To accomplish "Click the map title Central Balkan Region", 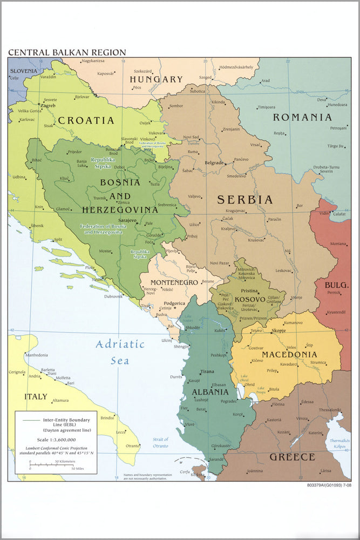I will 67,52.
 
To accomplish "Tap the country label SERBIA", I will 244,200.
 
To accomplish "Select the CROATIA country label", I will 86,120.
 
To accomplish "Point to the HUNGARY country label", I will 156,79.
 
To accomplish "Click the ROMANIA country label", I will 302,117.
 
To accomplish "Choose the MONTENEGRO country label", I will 174,282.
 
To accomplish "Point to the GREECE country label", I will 293,457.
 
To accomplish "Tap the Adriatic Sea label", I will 120,352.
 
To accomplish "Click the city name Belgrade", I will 214,163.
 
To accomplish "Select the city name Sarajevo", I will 127,220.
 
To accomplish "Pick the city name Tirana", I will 207,372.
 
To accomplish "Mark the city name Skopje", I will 279,330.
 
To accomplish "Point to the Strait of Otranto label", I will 159,442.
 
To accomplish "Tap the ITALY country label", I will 36,397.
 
